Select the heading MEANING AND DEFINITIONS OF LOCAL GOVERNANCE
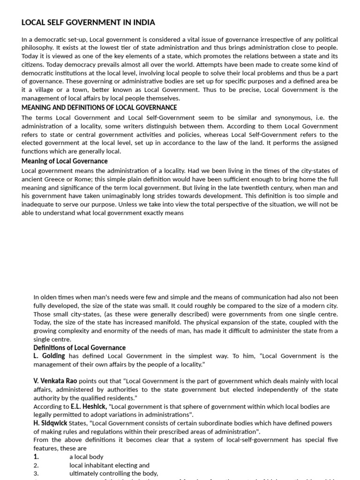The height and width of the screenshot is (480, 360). click(x=99, y=107)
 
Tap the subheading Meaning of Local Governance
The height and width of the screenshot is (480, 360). click(x=64, y=161)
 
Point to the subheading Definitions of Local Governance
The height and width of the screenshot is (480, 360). click(x=79, y=347)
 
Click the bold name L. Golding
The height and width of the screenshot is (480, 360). click(x=49, y=356)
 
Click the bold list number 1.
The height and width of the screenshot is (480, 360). click(x=36, y=457)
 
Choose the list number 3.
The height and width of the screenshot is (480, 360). click(x=36, y=473)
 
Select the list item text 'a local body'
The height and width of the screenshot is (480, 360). click(x=86, y=457)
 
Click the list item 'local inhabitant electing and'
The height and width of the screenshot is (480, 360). click(x=109, y=465)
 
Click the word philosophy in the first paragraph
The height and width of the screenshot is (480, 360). click(x=37, y=48)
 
